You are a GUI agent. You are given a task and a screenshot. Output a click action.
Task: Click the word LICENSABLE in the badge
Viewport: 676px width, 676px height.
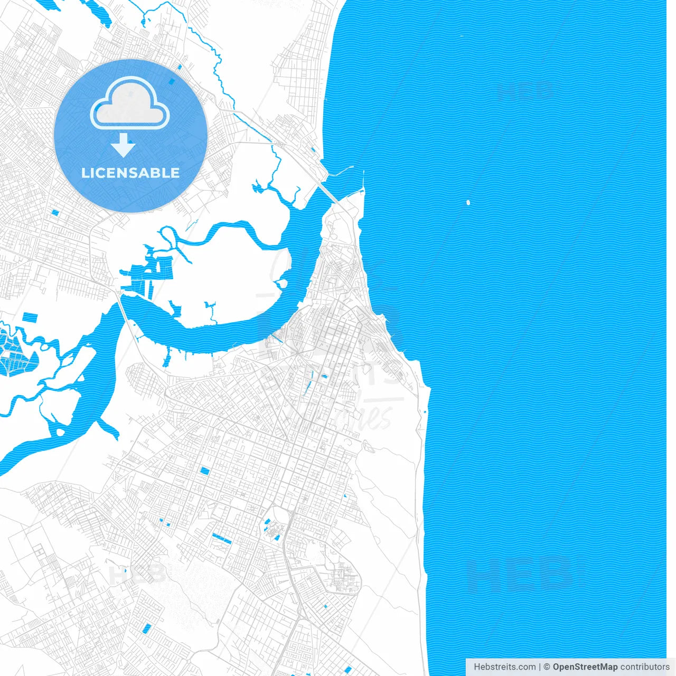tap(130, 173)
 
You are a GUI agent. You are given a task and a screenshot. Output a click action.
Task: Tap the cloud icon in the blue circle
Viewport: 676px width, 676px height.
tap(130, 103)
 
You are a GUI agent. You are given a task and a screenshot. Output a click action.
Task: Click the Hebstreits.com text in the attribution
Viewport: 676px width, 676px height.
tap(505, 667)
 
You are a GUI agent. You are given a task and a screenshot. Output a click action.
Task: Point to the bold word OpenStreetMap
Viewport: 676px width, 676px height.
tap(585, 667)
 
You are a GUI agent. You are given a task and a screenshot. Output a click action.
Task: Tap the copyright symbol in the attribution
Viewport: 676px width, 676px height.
tap(547, 667)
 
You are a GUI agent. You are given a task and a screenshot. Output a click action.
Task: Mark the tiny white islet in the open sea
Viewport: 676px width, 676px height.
tap(468, 202)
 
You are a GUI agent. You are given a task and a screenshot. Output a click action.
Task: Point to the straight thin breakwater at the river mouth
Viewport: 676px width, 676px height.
tap(363, 180)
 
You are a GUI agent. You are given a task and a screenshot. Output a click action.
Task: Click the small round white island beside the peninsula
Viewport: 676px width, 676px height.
tap(283, 284)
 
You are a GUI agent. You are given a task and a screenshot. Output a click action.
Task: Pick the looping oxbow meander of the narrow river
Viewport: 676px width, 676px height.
tap(168, 235)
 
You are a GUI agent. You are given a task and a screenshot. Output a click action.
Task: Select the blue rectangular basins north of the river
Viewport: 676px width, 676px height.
tap(153, 272)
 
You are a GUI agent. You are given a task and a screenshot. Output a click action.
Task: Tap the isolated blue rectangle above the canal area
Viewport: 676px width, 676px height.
tap(30, 317)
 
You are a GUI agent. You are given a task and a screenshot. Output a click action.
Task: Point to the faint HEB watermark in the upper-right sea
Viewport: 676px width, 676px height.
tap(525, 91)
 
